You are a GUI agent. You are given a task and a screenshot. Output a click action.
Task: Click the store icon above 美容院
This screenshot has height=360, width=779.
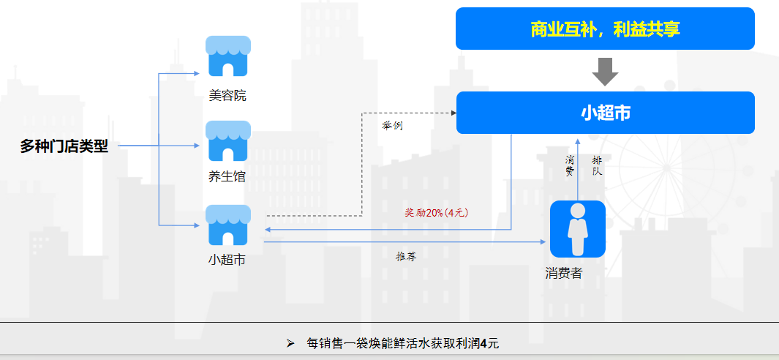pos(228,56)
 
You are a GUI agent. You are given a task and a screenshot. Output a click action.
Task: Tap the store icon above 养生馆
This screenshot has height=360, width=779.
pos(228,141)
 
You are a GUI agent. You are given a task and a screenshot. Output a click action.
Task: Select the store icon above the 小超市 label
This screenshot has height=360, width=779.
pos(228,225)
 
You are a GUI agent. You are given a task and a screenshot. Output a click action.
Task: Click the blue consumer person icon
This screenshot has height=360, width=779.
pos(578,229)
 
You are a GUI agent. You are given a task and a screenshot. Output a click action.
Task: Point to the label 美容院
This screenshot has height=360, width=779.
pos(227,96)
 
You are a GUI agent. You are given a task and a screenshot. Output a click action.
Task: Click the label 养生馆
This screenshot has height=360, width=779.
pos(227,176)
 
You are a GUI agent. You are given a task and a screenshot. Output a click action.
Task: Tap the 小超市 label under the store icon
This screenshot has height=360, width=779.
pos(227,259)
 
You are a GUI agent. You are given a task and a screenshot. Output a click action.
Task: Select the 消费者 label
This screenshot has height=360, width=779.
pos(564,273)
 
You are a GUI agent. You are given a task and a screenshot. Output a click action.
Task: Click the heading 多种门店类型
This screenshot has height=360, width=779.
pos(64,146)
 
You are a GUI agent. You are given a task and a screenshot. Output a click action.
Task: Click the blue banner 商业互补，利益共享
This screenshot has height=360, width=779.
pos(605,29)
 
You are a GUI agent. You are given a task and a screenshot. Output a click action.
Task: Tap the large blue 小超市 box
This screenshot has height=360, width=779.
pos(605,113)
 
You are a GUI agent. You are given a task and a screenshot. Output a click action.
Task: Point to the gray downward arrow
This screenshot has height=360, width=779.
pos(605,72)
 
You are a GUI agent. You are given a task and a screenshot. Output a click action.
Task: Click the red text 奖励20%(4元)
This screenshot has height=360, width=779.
pos(437,213)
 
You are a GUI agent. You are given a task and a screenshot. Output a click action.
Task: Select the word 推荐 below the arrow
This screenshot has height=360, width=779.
pos(406,256)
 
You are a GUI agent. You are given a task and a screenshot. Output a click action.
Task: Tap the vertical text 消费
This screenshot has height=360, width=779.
pos(569,165)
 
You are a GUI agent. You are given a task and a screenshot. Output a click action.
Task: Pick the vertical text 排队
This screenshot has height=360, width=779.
pos(597,165)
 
